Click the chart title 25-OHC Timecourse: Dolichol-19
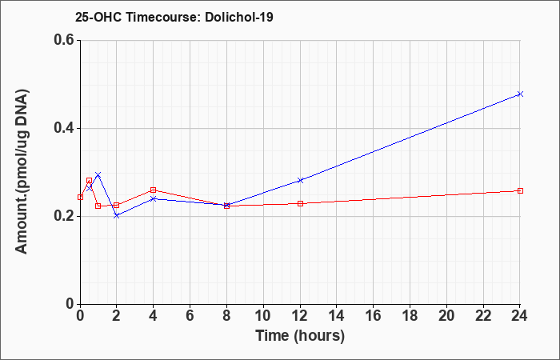point(174,17)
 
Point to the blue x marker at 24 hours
point(520,94)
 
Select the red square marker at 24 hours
point(520,190)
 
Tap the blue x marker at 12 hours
point(300,180)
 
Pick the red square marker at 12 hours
point(300,203)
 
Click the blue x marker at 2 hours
point(117,215)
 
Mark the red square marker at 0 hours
point(80,197)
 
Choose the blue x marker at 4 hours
point(154,198)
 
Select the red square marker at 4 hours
point(154,190)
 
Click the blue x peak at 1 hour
point(98,174)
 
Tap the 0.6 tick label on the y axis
point(64,40)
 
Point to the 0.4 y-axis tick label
point(64,128)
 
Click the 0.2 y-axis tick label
point(64,216)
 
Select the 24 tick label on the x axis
point(520,316)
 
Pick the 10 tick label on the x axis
point(263,316)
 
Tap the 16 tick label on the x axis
point(374,316)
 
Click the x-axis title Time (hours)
point(300,336)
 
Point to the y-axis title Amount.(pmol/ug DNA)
point(22,172)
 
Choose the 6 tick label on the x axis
point(190,316)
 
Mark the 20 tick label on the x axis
point(446,316)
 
